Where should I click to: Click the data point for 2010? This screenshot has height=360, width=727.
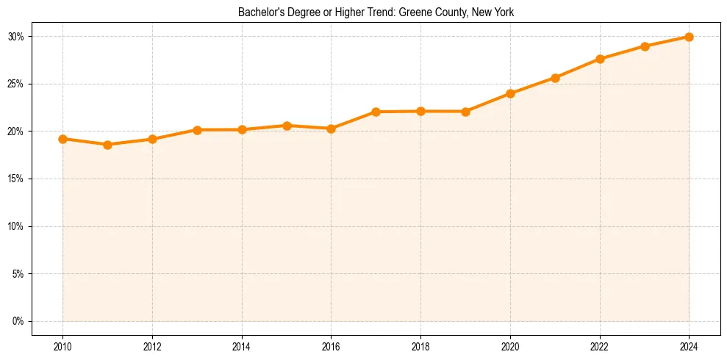(62, 139)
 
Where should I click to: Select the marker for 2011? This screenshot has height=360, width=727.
(107, 145)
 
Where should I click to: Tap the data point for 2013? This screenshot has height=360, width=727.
(197, 130)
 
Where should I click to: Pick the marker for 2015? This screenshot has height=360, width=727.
(287, 126)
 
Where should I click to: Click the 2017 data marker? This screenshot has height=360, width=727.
(376, 112)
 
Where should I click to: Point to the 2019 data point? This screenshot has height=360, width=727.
(465, 112)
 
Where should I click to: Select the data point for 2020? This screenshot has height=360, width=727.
(510, 93)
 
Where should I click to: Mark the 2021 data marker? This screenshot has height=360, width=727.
(555, 78)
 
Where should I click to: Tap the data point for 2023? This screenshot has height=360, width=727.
(645, 46)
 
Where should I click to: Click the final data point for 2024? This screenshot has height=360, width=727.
(689, 37)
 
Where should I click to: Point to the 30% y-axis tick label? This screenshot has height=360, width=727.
(17, 37)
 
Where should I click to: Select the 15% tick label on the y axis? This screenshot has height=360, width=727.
(17, 179)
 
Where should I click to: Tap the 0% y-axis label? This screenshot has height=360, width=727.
(19, 321)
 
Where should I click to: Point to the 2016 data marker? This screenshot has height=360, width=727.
(331, 129)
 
